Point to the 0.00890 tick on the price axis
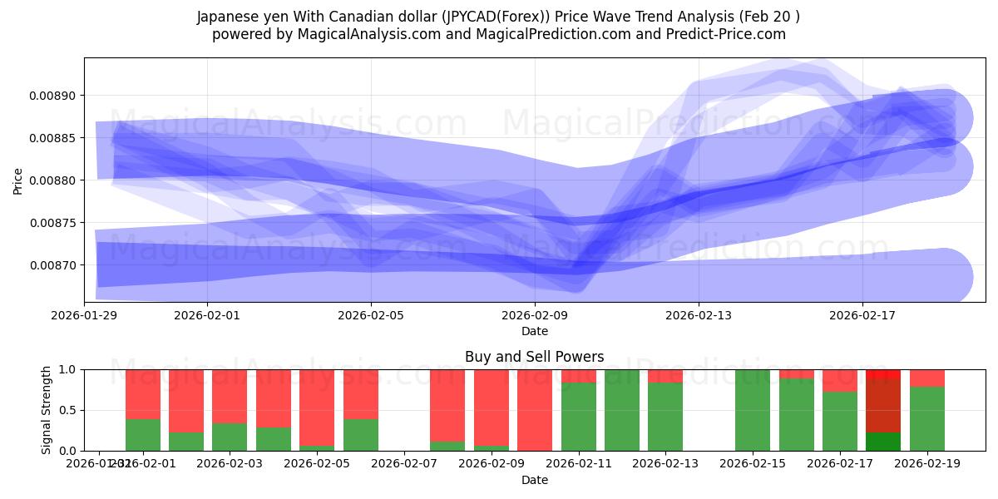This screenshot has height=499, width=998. [x=52, y=96]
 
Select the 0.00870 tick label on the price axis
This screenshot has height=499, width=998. [x=52, y=265]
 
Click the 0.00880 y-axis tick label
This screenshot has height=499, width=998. [x=52, y=180]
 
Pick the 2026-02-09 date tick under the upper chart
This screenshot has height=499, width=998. [x=534, y=315]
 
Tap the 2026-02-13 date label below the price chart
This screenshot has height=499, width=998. [x=699, y=315]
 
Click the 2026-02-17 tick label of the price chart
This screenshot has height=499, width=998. [x=862, y=315]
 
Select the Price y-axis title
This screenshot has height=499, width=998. [x=18, y=180]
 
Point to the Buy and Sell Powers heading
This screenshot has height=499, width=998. [x=534, y=357]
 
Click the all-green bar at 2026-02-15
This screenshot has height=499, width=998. [x=753, y=410]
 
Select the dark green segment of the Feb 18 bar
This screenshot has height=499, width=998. [x=883, y=442]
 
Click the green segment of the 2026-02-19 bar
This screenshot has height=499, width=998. [x=927, y=419]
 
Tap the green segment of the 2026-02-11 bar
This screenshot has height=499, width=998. [x=578, y=417]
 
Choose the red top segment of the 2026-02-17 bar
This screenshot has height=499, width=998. [x=840, y=380]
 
